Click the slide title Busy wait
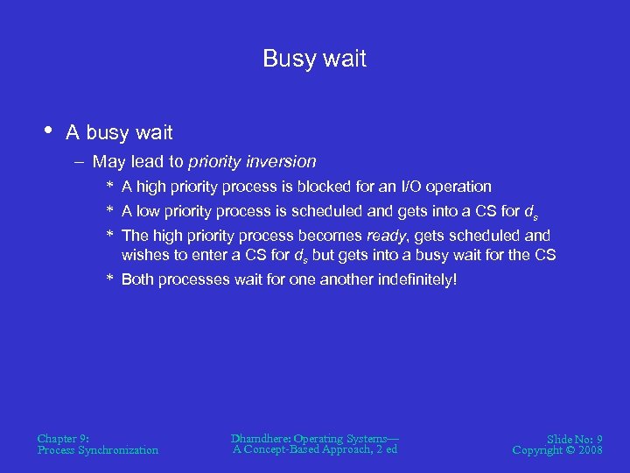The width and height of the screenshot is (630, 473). tap(314, 59)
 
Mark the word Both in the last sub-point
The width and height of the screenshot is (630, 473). tap(138, 280)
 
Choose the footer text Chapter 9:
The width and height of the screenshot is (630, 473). tap(62, 438)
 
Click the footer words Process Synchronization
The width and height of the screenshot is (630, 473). tap(98, 450)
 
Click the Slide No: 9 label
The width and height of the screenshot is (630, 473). tap(573, 438)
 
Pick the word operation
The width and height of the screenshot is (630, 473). tap(462, 187)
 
